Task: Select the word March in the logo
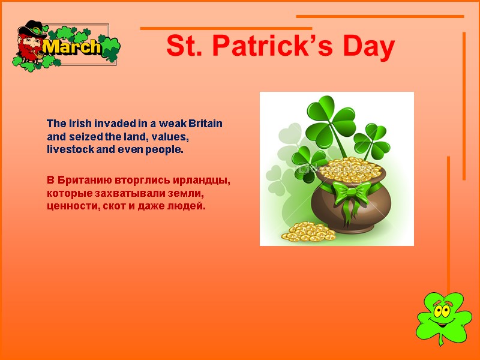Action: [x=73, y=47]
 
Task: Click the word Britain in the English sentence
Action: [x=205, y=124]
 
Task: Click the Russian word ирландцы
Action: [x=202, y=181]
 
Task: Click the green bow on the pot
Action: [x=352, y=194]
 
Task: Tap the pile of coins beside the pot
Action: [x=308, y=232]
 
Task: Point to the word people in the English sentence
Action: [x=165, y=149]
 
